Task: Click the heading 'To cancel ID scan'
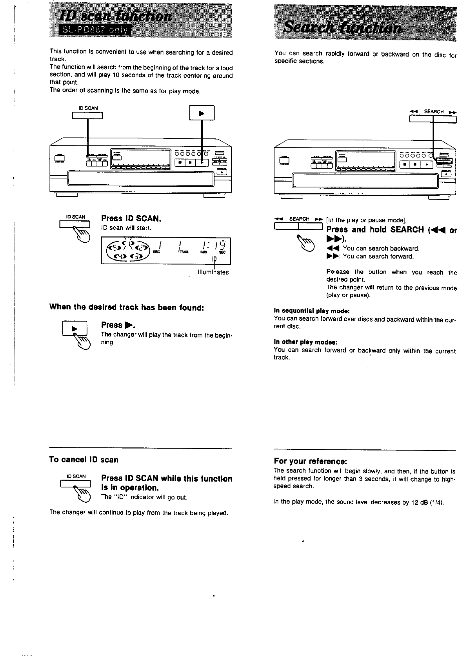coord(84,460)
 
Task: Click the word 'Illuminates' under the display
coord(214,272)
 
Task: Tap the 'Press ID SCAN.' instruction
coord(131,218)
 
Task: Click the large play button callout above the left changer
coord(202,113)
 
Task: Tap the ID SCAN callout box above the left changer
coord(87,115)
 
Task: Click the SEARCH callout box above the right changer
coord(433,118)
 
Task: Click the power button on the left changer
coord(61,159)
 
